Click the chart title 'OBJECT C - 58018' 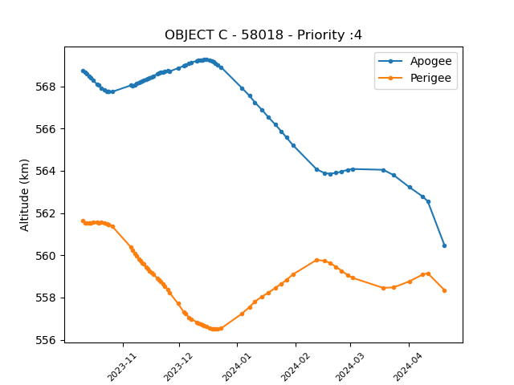click(224, 34)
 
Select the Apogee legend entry click(415, 61)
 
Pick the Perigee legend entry click(414, 78)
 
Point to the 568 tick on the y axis click(46, 87)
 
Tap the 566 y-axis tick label click(46, 129)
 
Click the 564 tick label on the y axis click(46, 172)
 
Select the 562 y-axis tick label click(46, 214)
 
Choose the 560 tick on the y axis click(46, 256)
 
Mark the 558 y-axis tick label click(46, 298)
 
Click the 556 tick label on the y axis click(46, 340)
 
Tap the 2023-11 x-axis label click(121, 367)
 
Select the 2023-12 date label click(177, 367)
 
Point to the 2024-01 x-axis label click(236, 367)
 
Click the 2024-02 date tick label click(295, 367)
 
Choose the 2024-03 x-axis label click(349, 367)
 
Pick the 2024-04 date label click(407, 367)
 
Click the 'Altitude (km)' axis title click(24, 196)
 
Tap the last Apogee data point click(444, 246)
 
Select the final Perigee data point click(444, 290)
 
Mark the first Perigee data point click(83, 221)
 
